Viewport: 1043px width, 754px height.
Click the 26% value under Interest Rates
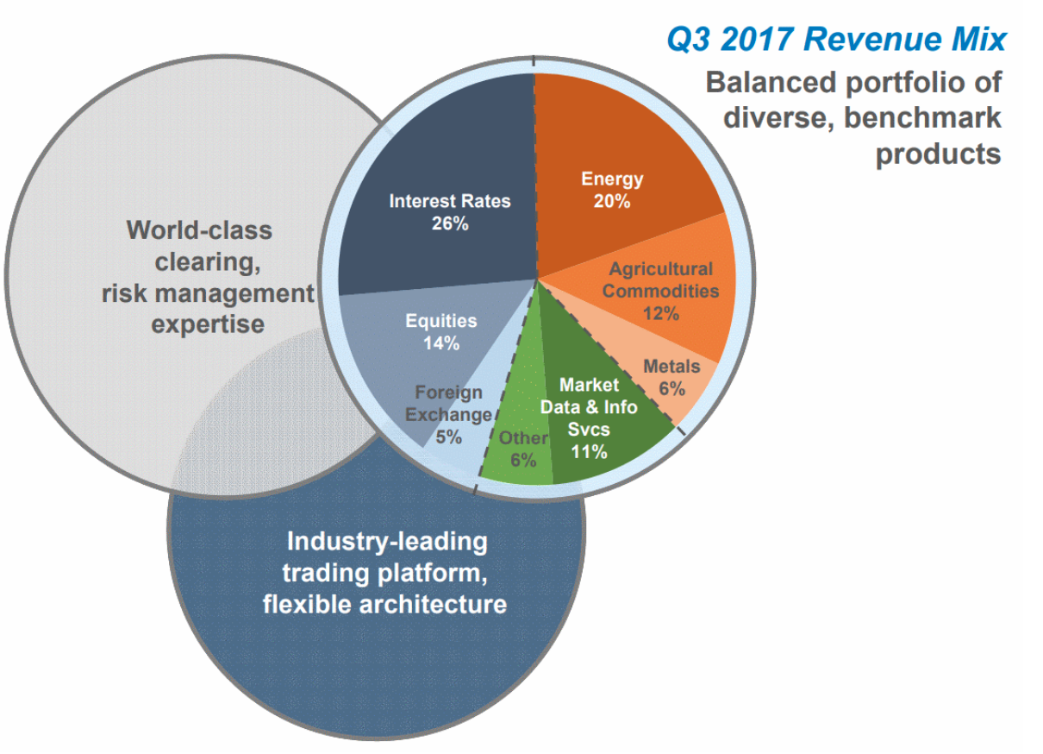tap(450, 223)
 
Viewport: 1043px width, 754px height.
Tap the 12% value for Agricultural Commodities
tap(661, 313)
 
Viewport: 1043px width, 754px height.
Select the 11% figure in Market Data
tap(589, 451)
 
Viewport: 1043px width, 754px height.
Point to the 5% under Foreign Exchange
tap(448, 437)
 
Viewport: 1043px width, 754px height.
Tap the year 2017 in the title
tap(757, 39)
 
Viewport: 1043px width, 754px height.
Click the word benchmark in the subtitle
tap(922, 117)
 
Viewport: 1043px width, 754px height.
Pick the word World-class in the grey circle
tap(199, 230)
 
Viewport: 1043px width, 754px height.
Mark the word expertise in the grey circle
tap(208, 325)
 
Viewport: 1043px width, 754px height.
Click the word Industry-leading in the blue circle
tap(387, 543)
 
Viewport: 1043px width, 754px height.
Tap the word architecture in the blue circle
tap(433, 605)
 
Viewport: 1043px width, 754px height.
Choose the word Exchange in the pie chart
tap(448, 415)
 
